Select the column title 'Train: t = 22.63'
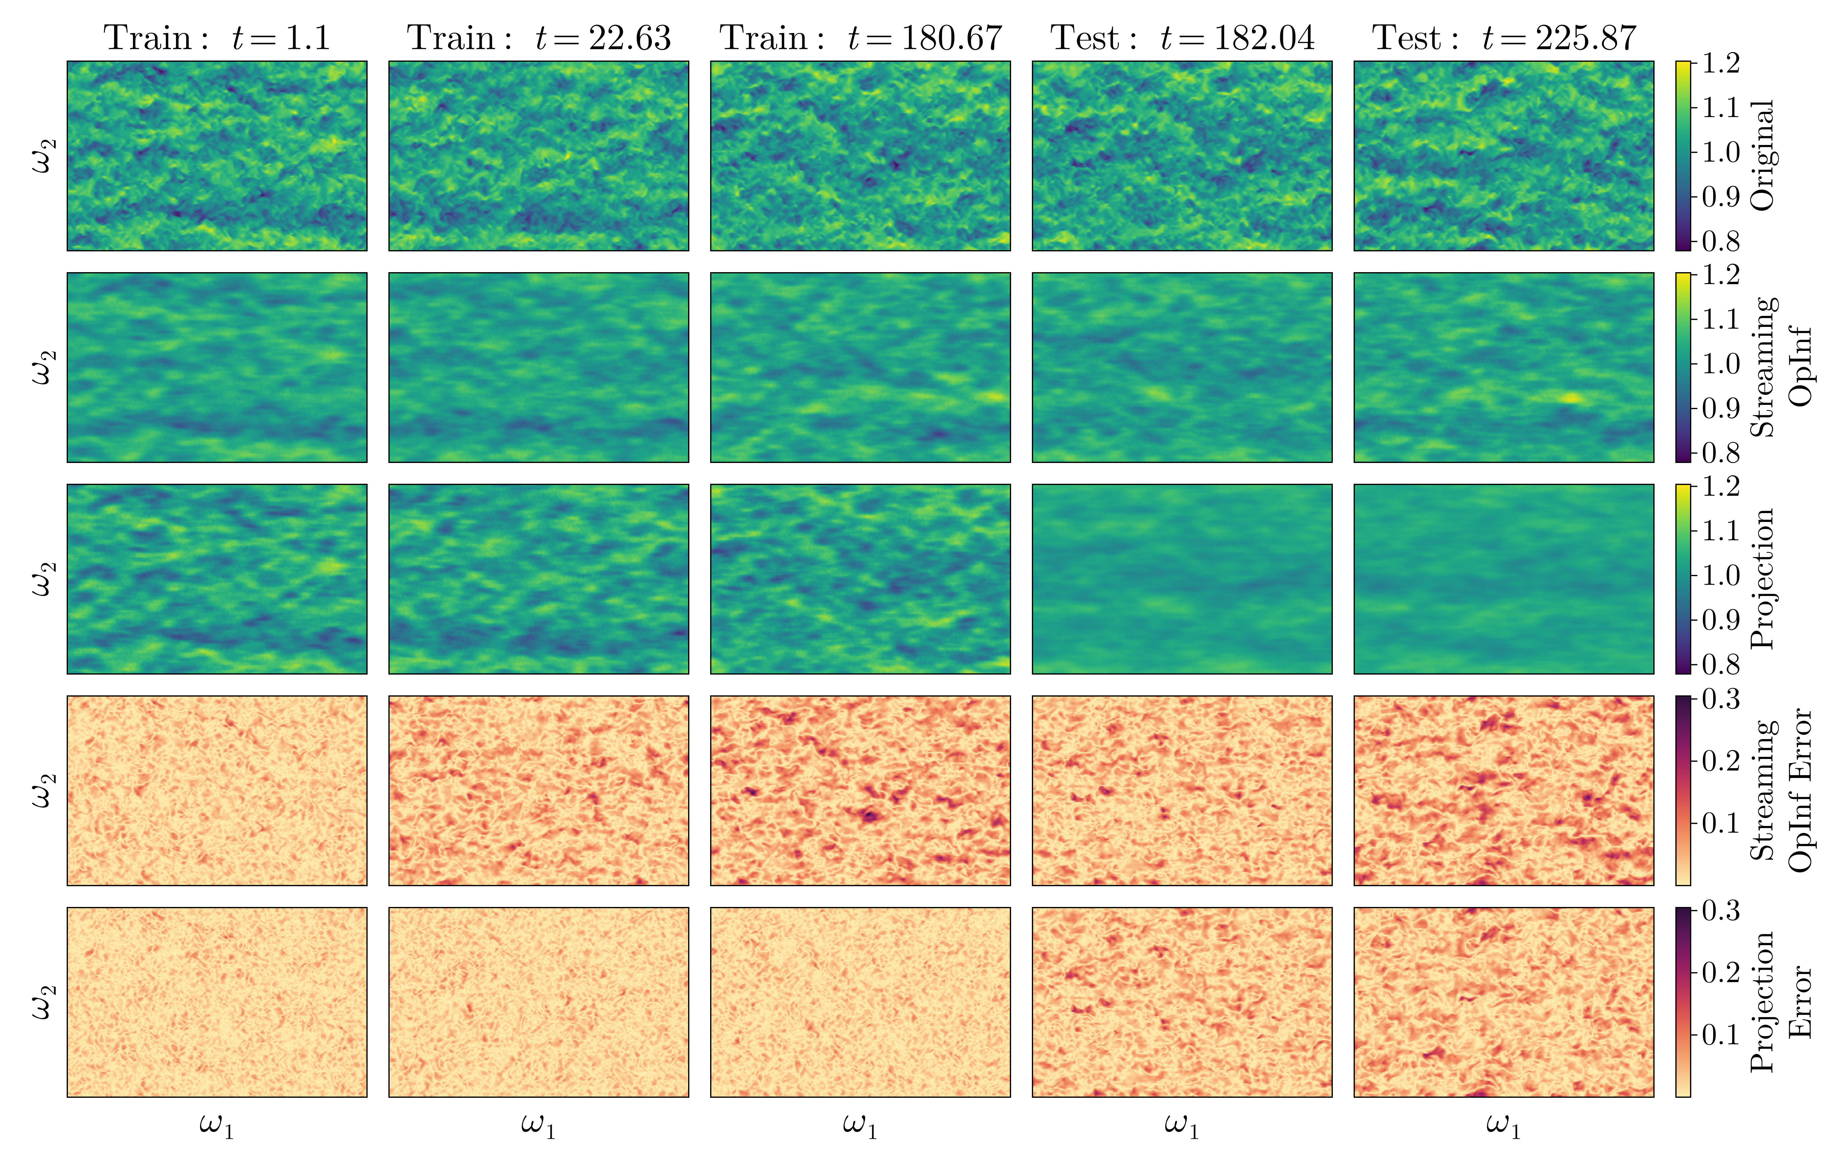[539, 38]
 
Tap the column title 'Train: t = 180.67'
[860, 38]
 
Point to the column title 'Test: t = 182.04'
[1182, 38]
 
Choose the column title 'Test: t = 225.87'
[1503, 38]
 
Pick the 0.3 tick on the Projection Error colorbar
[1721, 911]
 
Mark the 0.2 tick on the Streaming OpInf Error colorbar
[1721, 760]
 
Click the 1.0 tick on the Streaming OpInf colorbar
[1721, 364]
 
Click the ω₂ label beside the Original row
[43, 155]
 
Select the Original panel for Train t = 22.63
[539, 155]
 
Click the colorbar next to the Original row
[1683, 155]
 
